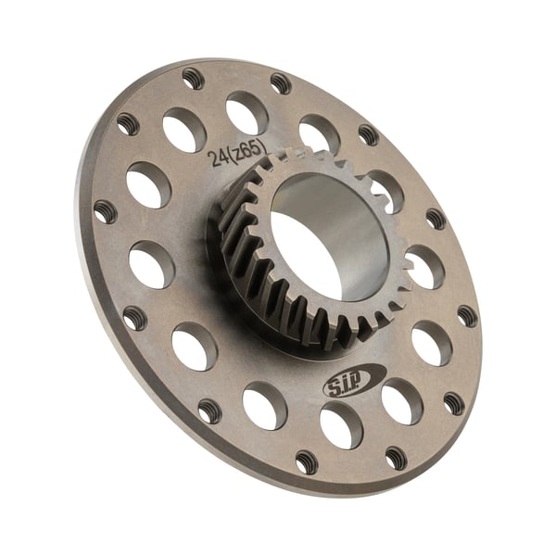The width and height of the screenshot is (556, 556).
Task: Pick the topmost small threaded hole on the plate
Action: tap(193, 78)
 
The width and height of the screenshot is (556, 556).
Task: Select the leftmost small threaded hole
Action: tap(105, 211)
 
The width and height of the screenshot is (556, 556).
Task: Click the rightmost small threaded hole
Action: tap(468, 316)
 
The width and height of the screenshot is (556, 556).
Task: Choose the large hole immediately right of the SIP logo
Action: tap(401, 400)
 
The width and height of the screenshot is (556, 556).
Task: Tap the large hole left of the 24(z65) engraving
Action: tap(183, 129)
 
